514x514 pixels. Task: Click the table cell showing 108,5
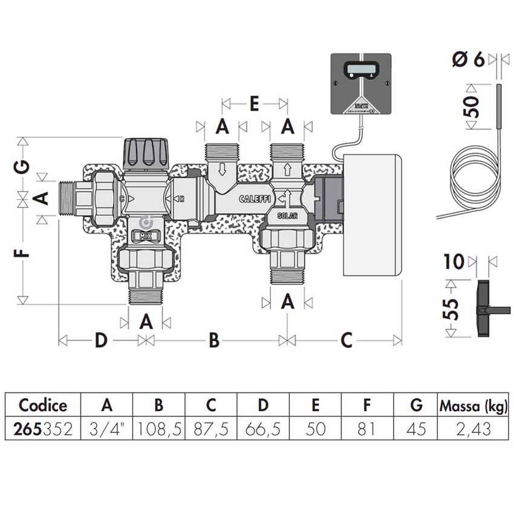(159, 429)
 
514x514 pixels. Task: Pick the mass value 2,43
(473, 429)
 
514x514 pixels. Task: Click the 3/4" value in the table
(107, 429)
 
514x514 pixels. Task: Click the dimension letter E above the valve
(255, 105)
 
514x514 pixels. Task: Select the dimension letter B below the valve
(213, 340)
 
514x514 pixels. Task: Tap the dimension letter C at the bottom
(345, 340)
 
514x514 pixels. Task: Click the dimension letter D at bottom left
(100, 340)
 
